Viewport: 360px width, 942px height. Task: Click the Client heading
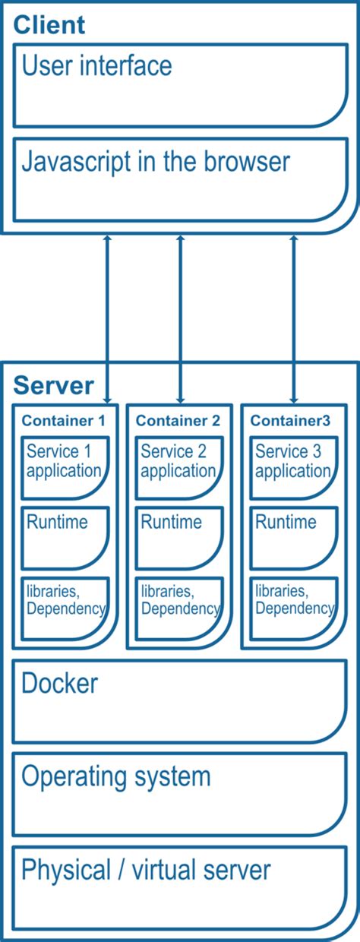(49, 24)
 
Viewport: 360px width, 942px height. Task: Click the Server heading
(53, 385)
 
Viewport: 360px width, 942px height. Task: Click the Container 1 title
(63, 421)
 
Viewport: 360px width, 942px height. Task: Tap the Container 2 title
(178, 421)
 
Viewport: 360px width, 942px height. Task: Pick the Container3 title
(291, 421)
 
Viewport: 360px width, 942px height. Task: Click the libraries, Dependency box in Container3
(294, 608)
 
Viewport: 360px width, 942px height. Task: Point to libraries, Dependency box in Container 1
(65, 608)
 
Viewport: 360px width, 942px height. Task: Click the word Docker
(59, 684)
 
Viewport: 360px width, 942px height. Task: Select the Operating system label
(115, 776)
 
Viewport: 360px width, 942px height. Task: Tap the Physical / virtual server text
(146, 870)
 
